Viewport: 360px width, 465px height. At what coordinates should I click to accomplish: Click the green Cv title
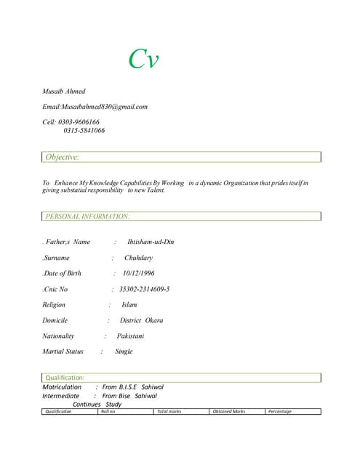(x=143, y=58)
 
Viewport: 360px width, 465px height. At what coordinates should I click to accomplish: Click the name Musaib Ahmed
(x=64, y=92)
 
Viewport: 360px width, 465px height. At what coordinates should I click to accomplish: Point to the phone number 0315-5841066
(x=84, y=131)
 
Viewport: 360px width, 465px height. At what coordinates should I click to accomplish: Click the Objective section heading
(x=63, y=157)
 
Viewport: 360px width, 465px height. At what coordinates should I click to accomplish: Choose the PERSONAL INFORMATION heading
(x=87, y=217)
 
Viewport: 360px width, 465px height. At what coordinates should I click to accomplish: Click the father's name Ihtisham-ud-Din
(x=151, y=242)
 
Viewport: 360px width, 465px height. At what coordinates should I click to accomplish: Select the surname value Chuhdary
(x=138, y=258)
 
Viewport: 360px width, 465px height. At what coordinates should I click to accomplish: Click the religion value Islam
(x=129, y=305)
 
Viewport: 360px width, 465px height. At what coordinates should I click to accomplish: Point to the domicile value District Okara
(x=141, y=320)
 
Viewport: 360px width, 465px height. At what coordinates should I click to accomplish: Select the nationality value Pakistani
(x=130, y=336)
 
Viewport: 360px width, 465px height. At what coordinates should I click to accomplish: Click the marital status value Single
(x=124, y=352)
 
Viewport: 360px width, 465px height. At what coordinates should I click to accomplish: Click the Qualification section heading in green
(x=65, y=378)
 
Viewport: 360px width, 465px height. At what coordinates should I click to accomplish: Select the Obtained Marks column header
(x=228, y=411)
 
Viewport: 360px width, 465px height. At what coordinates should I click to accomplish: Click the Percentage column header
(x=280, y=411)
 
